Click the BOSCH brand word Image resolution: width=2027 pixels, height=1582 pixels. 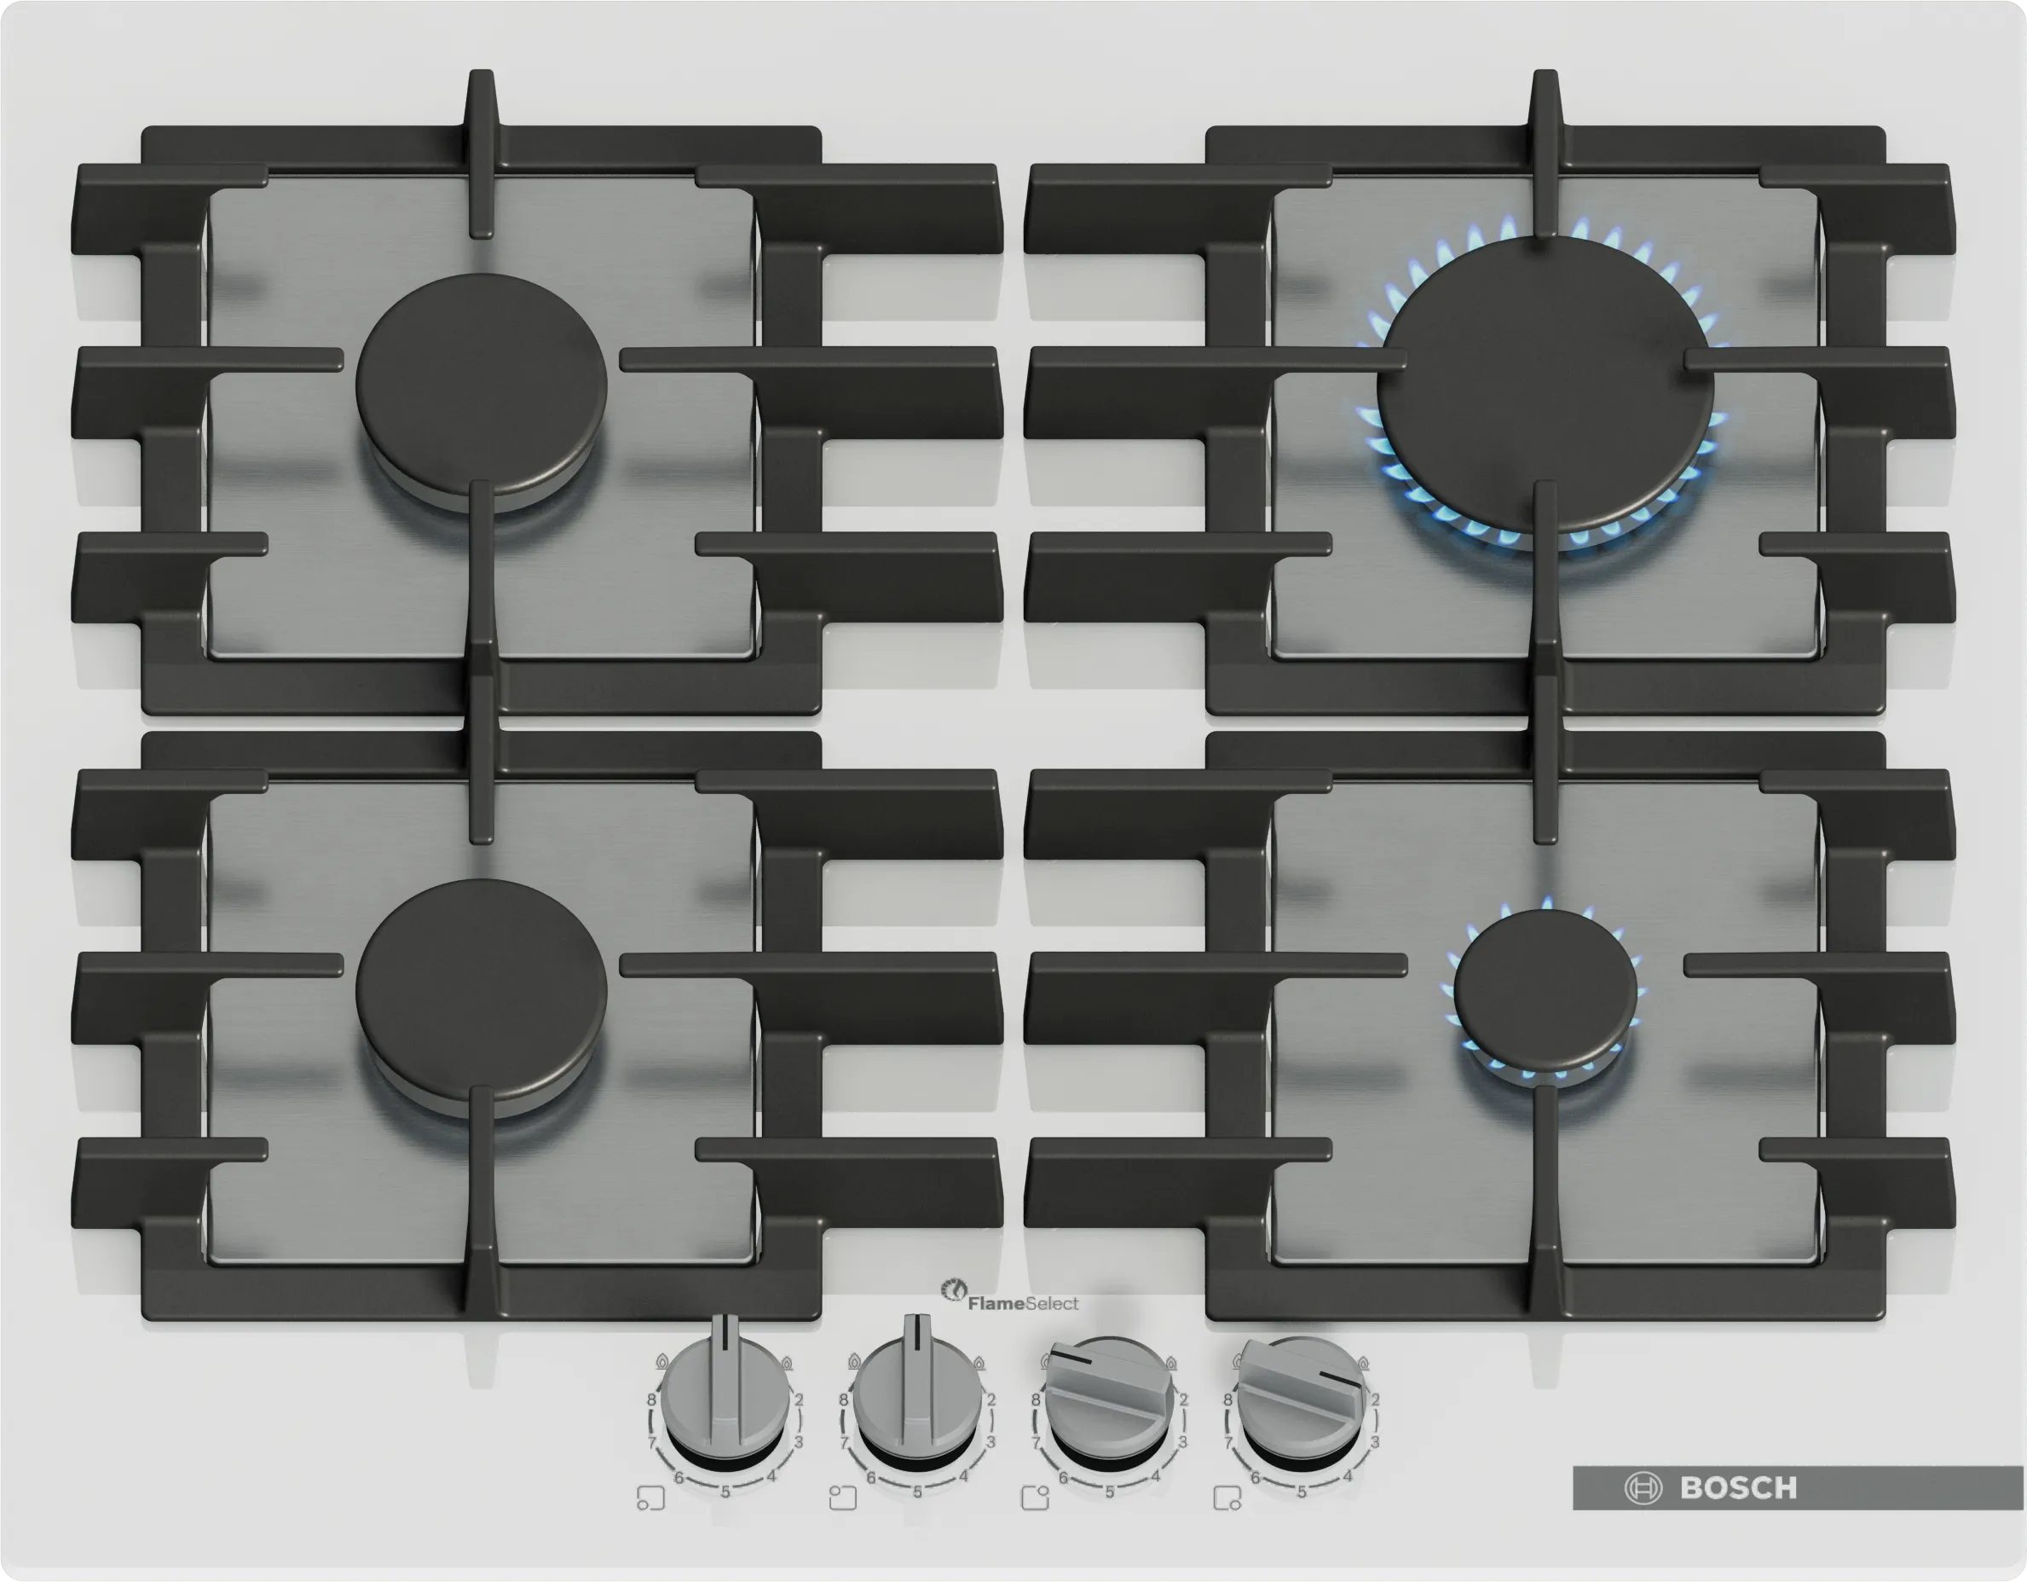(x=1738, y=1488)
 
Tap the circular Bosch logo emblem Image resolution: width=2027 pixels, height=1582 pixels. (x=1643, y=1488)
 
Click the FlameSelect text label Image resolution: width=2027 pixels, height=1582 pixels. (x=1023, y=1303)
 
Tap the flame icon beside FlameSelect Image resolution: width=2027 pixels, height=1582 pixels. (x=953, y=1290)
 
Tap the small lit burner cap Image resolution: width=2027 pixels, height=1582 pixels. (x=1545, y=989)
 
